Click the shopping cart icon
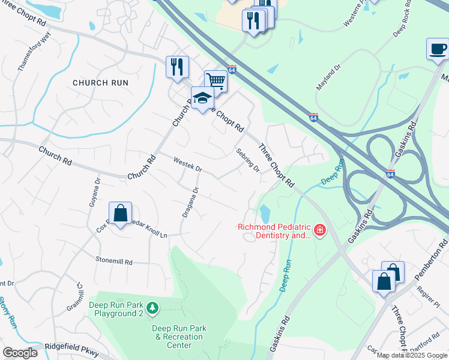[215, 80]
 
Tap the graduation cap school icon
[203, 98]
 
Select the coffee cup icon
[438, 49]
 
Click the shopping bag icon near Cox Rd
[120, 213]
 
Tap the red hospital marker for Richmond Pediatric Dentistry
[319, 230]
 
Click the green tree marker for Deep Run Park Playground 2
[153, 308]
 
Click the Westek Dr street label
[188, 165]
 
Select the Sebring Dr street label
[248, 160]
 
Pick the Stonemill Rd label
[113, 261]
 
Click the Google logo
[20, 352]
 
